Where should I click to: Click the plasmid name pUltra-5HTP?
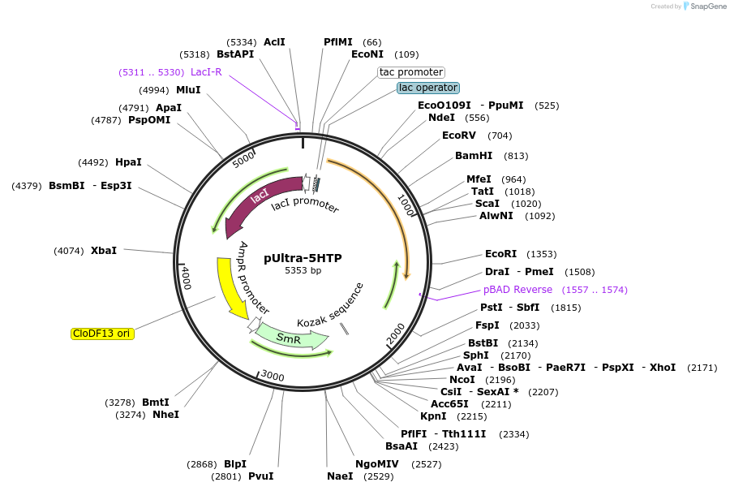click(x=303, y=258)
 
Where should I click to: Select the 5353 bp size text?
click(x=303, y=271)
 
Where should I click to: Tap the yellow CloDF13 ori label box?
click(x=102, y=333)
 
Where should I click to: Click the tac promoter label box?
click(x=411, y=72)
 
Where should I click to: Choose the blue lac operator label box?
click(x=428, y=88)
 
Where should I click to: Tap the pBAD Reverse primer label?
click(x=517, y=290)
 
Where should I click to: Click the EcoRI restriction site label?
click(x=500, y=254)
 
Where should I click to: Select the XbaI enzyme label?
click(x=104, y=251)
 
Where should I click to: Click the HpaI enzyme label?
click(x=128, y=162)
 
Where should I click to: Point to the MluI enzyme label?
click(x=188, y=90)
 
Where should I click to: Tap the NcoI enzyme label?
click(x=462, y=380)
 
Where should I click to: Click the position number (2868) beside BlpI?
click(x=202, y=463)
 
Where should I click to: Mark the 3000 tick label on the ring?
click(x=273, y=375)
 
